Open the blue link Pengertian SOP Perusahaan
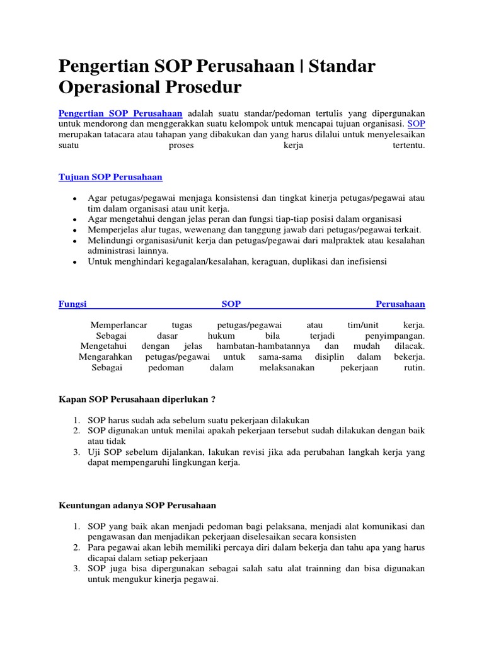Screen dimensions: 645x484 120,113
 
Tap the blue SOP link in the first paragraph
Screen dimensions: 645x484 417,124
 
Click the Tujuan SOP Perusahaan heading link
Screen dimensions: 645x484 110,177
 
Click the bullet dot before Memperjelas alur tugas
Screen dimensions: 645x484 75,231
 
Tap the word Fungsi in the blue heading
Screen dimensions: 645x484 72,304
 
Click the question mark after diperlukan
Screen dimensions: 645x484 214,399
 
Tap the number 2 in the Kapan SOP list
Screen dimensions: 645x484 74,431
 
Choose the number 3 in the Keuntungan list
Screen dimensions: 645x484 74,568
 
